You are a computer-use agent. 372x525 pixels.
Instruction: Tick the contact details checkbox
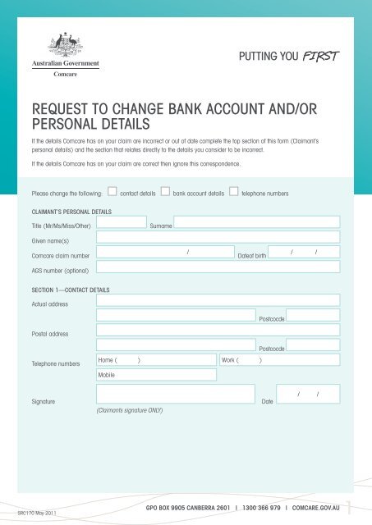(x=113, y=193)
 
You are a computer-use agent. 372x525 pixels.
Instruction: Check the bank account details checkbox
(x=166, y=193)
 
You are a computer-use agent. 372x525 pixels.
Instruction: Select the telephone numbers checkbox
(x=234, y=193)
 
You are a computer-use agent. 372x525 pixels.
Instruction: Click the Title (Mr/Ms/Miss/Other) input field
(x=122, y=221)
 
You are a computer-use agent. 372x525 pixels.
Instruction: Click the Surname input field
(x=255, y=221)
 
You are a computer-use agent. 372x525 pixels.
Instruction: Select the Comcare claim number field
(x=164, y=252)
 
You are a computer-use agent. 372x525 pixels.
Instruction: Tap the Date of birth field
(x=305, y=252)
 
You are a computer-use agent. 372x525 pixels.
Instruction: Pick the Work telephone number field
(x=278, y=359)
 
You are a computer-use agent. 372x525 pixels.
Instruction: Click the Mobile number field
(x=156, y=374)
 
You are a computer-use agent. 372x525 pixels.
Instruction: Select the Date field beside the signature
(x=309, y=395)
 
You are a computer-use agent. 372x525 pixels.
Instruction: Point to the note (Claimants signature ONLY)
(x=129, y=409)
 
